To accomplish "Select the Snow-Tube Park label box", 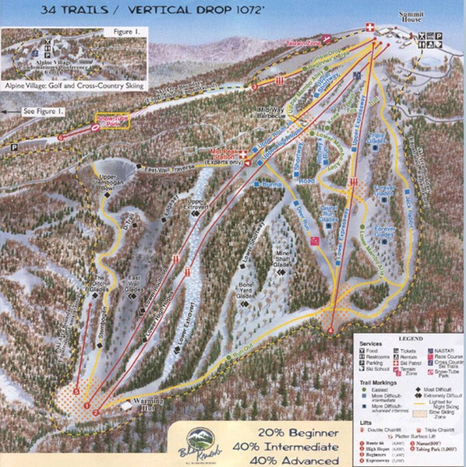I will coord(110,121).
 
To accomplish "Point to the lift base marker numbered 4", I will coord(330,331).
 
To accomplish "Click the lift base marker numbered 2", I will coord(95,411).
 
